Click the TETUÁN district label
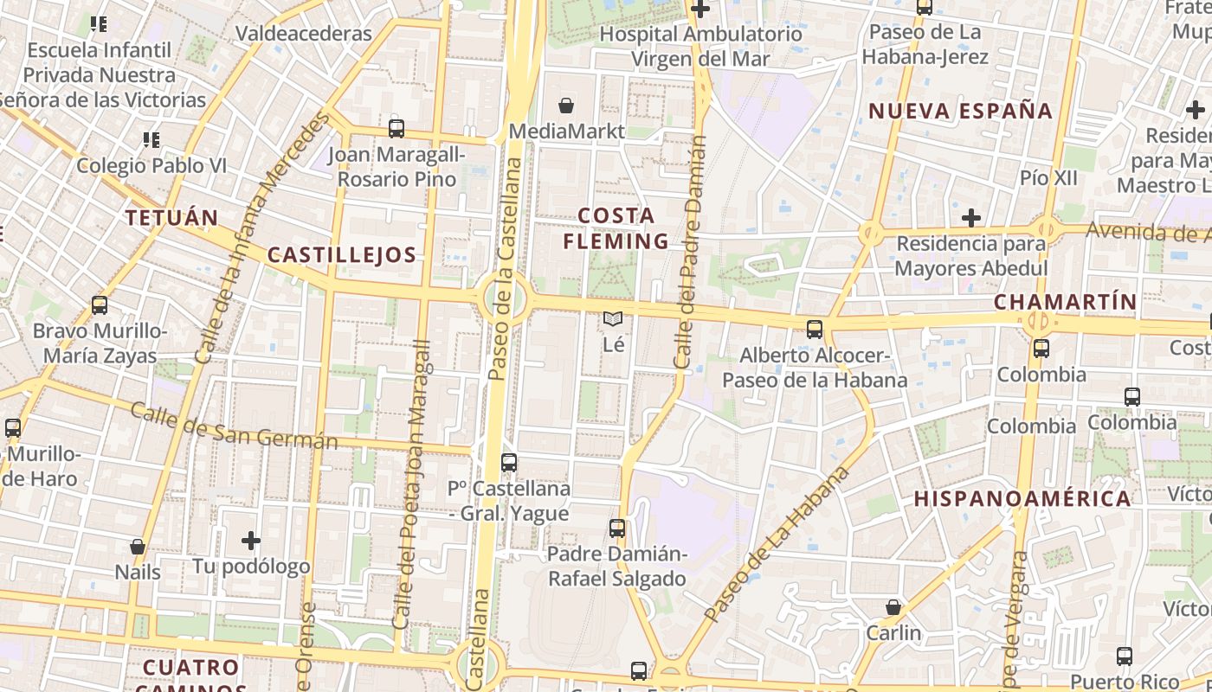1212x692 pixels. (171, 217)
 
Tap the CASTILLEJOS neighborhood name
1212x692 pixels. (341, 254)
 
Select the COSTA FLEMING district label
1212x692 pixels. (616, 227)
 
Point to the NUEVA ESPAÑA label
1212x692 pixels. (960, 111)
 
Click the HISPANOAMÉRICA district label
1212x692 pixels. (1022, 498)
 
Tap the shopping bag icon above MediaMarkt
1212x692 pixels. (566, 106)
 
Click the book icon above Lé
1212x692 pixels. (613, 319)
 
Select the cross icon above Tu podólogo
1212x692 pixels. (251, 541)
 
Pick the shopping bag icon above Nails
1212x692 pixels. (138, 547)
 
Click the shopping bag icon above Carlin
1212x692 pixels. (893, 607)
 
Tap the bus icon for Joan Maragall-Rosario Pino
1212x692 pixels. (396, 129)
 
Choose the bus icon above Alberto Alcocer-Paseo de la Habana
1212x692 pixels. (815, 329)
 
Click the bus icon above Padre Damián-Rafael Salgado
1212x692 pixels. (617, 528)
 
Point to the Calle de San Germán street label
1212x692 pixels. (234, 426)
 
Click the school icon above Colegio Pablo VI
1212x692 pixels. (151, 139)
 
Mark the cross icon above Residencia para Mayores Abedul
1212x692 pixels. (971, 217)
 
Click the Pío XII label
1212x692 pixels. (1048, 177)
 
